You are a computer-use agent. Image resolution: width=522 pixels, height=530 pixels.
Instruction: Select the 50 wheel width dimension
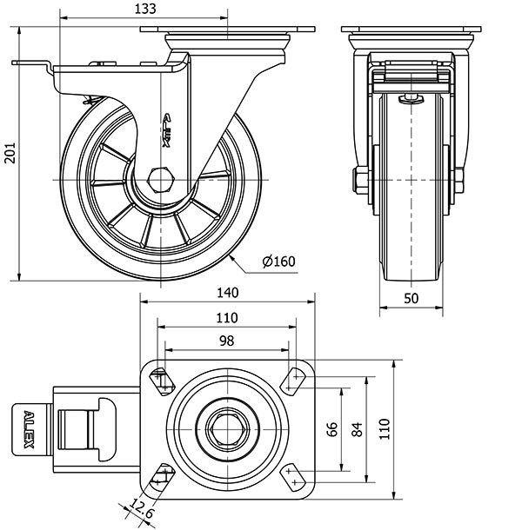tap(412, 298)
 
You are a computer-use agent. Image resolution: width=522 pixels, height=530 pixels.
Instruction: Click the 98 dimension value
tap(226, 341)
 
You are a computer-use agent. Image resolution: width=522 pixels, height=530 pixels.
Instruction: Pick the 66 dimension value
tap(331, 428)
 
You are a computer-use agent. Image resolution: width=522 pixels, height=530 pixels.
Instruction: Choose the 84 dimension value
tap(355, 428)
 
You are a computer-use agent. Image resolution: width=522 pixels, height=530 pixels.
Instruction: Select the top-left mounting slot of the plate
tap(162, 379)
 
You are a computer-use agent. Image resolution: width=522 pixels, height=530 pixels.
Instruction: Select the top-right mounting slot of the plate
tap(293, 379)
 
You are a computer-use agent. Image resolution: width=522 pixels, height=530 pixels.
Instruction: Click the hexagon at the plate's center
tap(229, 427)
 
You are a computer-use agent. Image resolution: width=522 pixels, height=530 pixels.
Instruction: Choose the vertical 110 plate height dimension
tap(383, 427)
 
